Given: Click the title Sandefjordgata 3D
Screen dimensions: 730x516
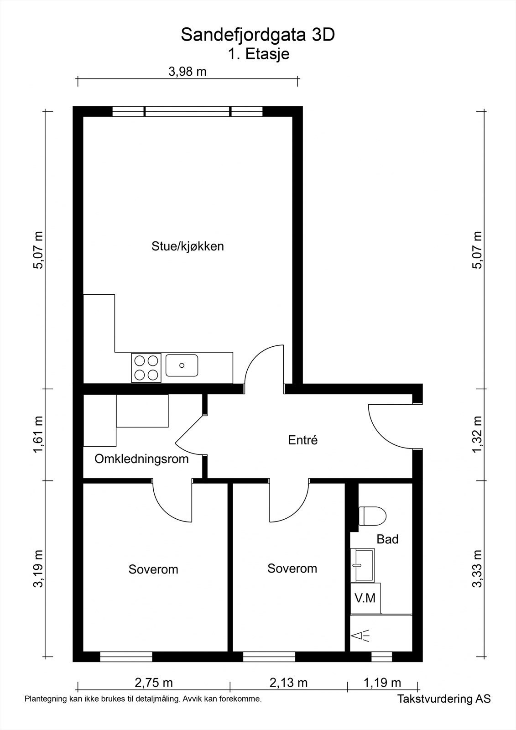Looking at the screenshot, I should tap(258, 35).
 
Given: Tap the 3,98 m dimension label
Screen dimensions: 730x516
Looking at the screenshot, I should tap(187, 71).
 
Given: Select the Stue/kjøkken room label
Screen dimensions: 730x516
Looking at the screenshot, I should tap(188, 246).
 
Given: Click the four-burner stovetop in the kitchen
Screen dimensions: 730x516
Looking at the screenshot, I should tap(146, 368).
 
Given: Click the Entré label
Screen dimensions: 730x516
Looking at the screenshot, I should tap(302, 440).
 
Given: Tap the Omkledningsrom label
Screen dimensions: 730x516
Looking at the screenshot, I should tap(141, 459).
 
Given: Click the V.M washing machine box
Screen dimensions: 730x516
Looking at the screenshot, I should tap(365, 598).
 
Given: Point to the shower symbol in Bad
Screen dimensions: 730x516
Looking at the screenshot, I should tap(361, 636).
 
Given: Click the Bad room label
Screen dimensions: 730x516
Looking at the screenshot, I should tap(387, 539).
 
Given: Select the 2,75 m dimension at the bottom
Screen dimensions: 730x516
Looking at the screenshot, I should tap(154, 683).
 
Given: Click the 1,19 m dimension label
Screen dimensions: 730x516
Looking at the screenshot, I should tap(382, 683).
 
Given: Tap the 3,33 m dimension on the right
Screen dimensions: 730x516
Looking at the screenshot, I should tap(477, 569).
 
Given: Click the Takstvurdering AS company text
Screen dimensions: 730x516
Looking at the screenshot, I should tap(443, 699).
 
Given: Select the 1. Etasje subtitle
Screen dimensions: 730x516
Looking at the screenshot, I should tap(259, 54).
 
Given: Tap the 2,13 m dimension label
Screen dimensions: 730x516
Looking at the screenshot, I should tap(288, 683).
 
